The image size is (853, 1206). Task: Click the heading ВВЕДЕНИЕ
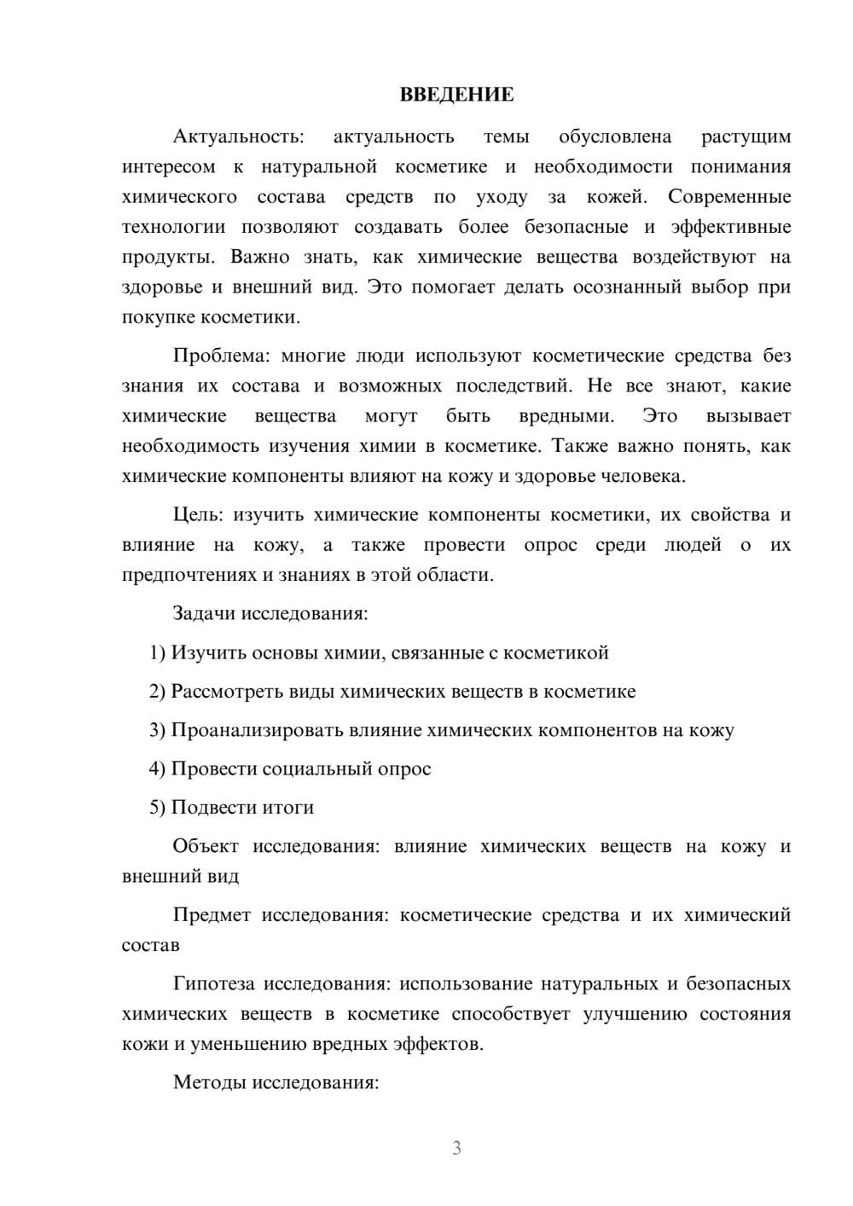click(x=456, y=95)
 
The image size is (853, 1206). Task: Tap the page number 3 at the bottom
click(x=456, y=1148)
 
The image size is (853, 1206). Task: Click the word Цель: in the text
click(x=198, y=514)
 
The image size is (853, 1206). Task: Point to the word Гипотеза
click(x=213, y=983)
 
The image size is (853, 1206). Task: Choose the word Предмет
click(x=212, y=914)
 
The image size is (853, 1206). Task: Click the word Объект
click(x=206, y=846)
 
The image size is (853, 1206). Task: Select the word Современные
click(x=729, y=197)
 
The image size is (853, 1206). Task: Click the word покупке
click(x=158, y=317)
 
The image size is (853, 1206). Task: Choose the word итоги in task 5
click(x=288, y=808)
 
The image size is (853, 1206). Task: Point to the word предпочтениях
click(x=189, y=575)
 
